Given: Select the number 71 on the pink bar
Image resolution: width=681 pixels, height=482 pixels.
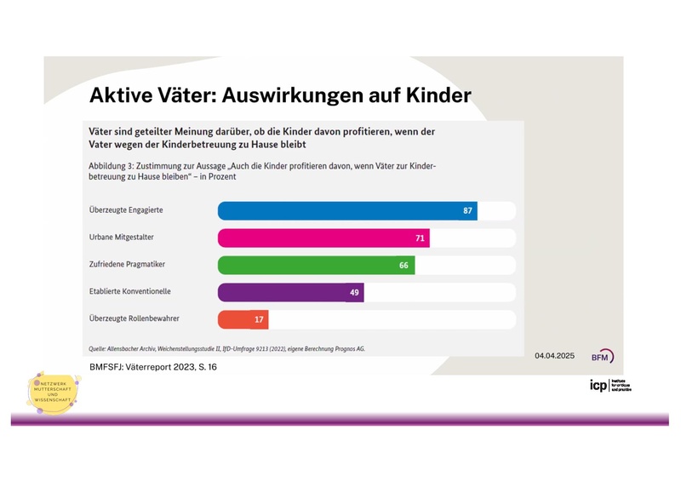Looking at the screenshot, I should (420, 238).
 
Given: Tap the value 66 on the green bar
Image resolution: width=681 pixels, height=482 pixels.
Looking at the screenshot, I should (404, 266).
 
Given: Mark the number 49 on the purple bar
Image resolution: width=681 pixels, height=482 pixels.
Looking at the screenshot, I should (354, 292).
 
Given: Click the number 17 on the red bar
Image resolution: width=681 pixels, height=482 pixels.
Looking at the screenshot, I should (259, 319).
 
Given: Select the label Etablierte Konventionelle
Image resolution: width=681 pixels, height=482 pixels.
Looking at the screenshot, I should (130, 291).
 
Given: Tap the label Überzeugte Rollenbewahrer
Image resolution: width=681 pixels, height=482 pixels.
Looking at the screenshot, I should (134, 318).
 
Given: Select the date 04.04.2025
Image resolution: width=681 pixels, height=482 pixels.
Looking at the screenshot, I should (555, 355).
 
